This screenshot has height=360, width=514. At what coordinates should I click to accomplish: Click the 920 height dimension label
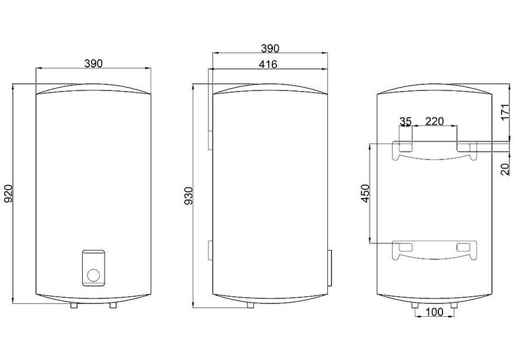point(8,193)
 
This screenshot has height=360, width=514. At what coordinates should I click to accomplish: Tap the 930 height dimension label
point(188,196)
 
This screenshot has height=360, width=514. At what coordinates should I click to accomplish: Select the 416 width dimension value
point(268,64)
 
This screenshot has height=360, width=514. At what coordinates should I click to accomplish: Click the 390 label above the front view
point(93,63)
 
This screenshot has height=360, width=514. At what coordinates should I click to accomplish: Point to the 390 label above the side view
point(270,48)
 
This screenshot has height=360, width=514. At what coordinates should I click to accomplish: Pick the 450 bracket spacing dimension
point(365,193)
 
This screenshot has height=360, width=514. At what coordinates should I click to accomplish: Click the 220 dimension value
point(434,121)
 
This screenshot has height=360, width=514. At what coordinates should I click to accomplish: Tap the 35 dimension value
point(405,121)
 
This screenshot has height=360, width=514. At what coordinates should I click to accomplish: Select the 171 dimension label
point(506,112)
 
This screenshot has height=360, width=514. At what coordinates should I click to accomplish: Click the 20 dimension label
point(506,170)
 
